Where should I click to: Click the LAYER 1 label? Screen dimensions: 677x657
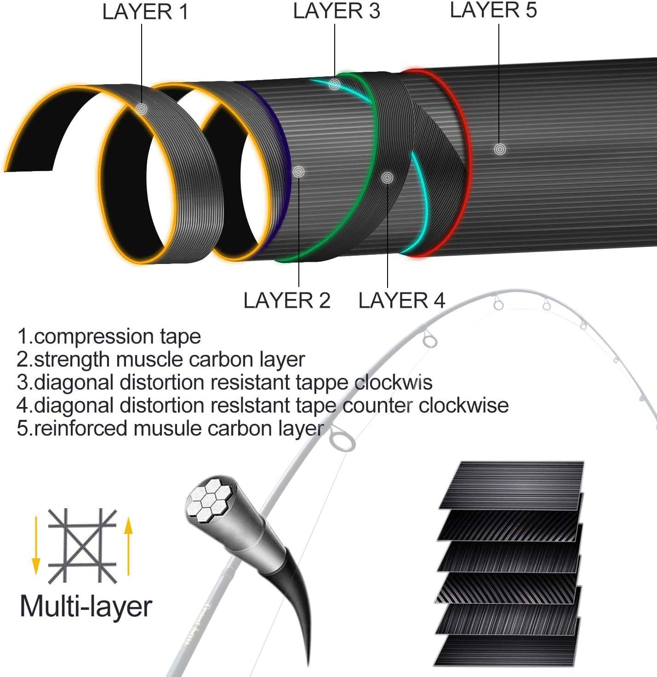pyautogui.click(x=145, y=12)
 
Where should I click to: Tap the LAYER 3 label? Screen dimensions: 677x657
pyautogui.click(x=337, y=11)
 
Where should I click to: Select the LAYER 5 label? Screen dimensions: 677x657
pyautogui.click(x=493, y=10)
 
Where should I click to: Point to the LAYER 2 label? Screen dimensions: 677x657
pyautogui.click(x=286, y=301)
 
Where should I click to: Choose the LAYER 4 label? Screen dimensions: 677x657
pyautogui.click(x=401, y=301)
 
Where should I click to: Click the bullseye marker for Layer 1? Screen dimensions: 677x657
pyautogui.click(x=141, y=109)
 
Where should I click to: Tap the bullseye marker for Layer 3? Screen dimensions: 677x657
pyautogui.click(x=334, y=84)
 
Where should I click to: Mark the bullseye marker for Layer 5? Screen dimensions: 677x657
pyautogui.click(x=500, y=149)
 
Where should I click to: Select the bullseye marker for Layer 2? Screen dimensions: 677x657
pyautogui.click(x=298, y=172)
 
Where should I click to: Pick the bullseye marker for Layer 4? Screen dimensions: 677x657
pyautogui.click(x=387, y=177)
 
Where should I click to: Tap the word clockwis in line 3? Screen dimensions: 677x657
pyautogui.click(x=393, y=383)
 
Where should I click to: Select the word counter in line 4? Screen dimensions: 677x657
pyautogui.click(x=377, y=406)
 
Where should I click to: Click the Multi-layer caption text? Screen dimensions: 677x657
pyautogui.click(x=86, y=607)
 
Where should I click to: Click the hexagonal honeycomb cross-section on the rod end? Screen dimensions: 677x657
pyautogui.click(x=211, y=501)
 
